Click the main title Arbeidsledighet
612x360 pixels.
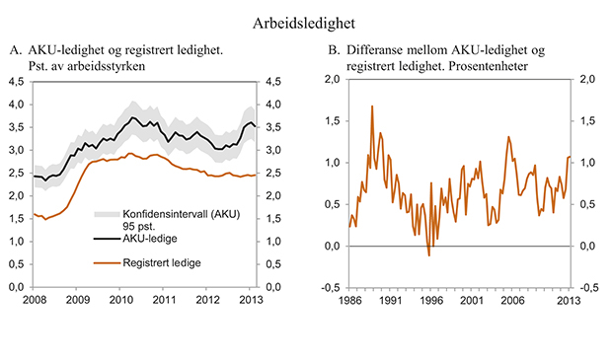[305, 21]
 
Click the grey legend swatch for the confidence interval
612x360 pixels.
[106, 213]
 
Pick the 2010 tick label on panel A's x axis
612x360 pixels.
[120, 299]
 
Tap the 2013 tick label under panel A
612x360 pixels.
[252, 299]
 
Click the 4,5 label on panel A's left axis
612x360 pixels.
[15, 81]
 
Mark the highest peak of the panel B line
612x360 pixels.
[372, 106]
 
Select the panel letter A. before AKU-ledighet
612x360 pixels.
[15, 49]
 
